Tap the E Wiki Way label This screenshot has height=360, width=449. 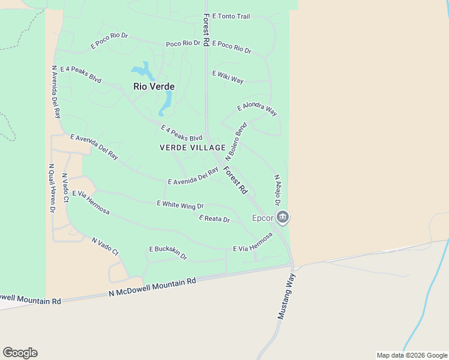pos(228,77)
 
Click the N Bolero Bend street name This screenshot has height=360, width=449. pos(236,141)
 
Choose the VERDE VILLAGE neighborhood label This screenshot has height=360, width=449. pos(193,148)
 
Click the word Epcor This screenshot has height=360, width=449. pos(262,218)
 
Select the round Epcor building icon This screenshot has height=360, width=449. pos(283,217)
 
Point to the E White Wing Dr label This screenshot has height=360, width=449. pos(180,205)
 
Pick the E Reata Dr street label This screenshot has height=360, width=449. pos(214,219)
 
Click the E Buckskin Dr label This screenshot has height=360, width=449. pos(168,253)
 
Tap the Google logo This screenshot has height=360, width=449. pos(20,353)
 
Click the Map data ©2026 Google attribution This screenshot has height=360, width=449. pos(412,355)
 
